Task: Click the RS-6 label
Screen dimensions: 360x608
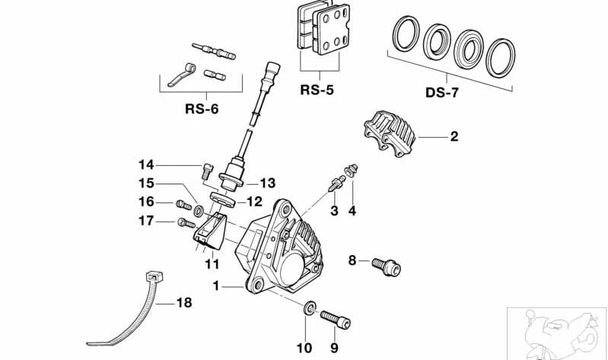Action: click(202, 109)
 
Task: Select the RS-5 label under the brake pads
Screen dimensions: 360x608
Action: click(317, 90)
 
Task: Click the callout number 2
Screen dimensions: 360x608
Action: click(454, 137)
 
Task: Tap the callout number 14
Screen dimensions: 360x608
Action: click(146, 164)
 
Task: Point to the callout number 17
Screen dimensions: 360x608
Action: click(146, 221)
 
